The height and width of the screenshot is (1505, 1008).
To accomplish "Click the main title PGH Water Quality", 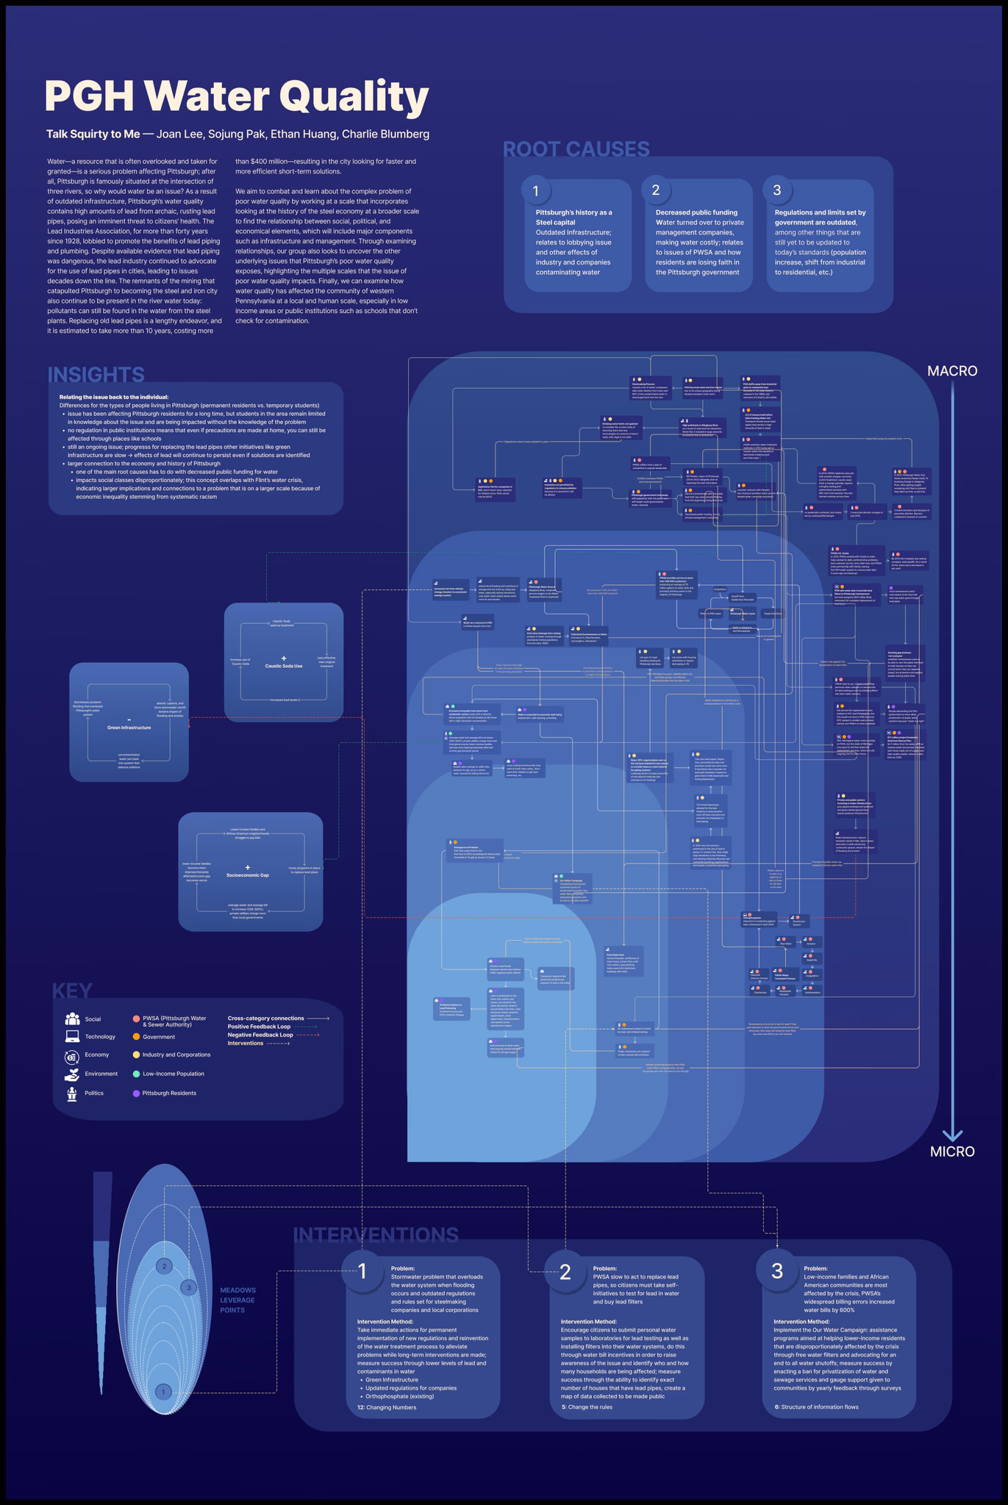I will click(236, 96).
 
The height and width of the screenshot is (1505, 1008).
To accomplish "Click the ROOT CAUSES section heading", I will click(576, 149).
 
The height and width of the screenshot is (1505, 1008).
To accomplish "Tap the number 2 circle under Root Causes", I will click(656, 191).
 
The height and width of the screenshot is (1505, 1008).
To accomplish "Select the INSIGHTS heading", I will click(96, 375).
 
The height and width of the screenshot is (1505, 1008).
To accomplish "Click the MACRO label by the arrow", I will click(951, 371).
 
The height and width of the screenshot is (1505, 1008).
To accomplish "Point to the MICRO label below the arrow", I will click(952, 1152).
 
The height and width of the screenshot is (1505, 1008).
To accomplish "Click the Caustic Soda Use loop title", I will click(284, 666).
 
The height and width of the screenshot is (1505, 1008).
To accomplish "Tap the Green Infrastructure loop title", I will click(129, 728).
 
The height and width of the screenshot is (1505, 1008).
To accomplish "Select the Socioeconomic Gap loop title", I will click(248, 876).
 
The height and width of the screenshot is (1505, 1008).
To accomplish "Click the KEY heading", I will click(72, 991).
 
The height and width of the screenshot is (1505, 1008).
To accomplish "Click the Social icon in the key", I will click(72, 1019).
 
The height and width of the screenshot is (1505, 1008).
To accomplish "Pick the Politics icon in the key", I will click(72, 1093).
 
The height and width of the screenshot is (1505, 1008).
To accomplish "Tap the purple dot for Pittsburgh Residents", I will click(136, 1093).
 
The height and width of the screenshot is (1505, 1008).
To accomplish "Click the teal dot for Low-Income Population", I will click(136, 1074).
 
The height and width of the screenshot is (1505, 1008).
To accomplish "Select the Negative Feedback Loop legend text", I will click(260, 1035).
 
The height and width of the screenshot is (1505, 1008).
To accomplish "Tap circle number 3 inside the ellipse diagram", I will click(189, 1287).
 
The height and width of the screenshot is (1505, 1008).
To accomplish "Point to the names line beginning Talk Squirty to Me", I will click(237, 134).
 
